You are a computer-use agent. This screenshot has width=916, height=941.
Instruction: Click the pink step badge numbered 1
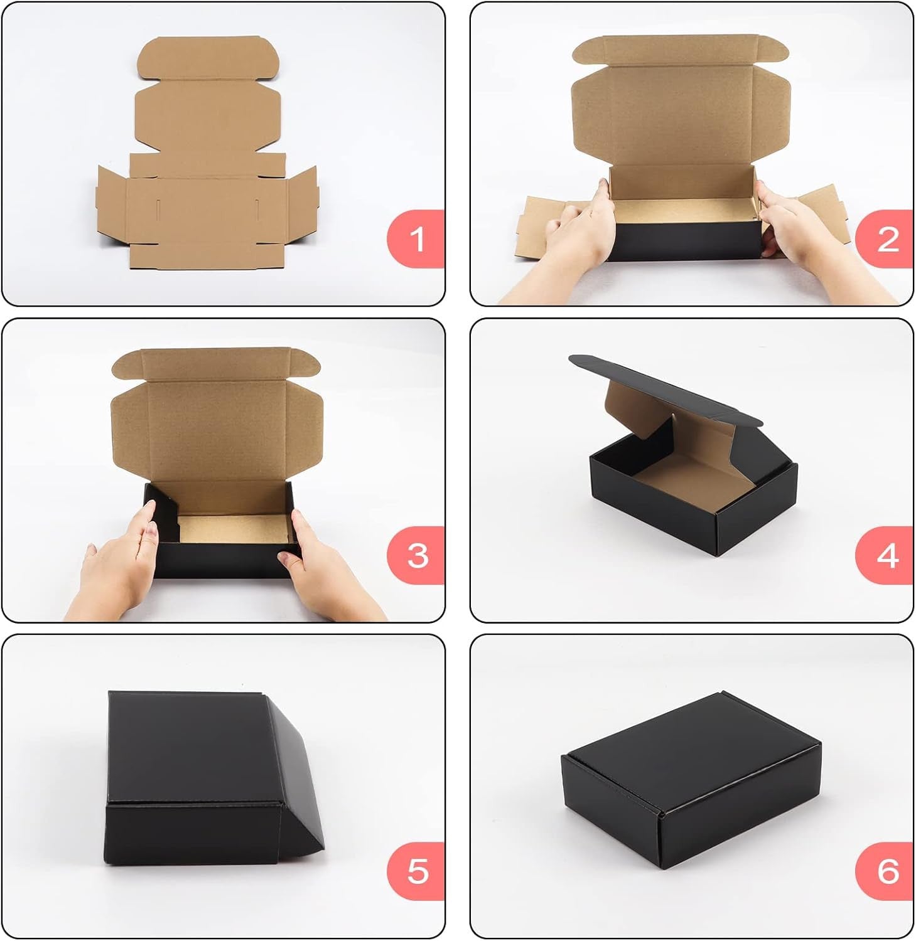(x=416, y=239)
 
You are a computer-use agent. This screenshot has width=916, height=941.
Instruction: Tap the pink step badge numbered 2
(x=885, y=239)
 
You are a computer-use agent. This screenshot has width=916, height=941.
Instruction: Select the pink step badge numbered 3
(x=416, y=556)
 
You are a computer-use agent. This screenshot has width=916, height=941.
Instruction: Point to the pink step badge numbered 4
(x=885, y=556)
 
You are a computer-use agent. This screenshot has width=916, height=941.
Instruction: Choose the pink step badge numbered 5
(x=416, y=871)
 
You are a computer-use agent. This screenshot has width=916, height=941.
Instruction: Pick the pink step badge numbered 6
(x=885, y=871)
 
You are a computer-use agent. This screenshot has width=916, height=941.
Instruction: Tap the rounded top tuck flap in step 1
(x=207, y=58)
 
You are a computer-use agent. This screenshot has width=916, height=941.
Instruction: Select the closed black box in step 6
(x=691, y=781)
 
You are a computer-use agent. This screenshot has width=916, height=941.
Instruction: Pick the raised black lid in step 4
(x=665, y=389)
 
